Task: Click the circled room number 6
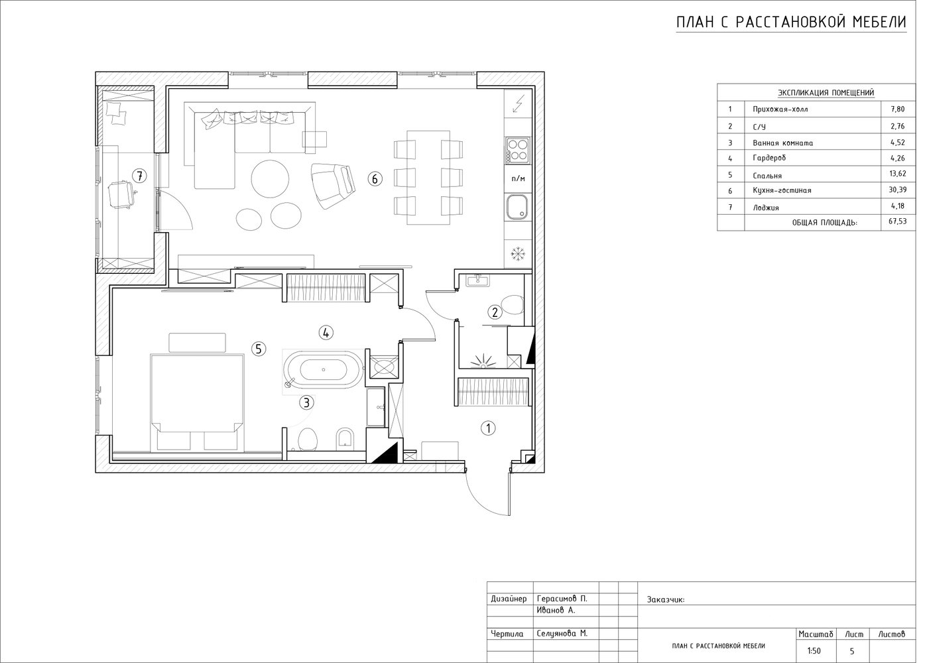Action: pyautogui.click(x=375, y=179)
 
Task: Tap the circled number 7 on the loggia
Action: pyautogui.click(x=139, y=176)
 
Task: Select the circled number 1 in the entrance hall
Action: pyautogui.click(x=488, y=428)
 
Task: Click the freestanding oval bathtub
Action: pyautogui.click(x=323, y=370)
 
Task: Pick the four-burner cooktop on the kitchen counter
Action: pyautogui.click(x=518, y=151)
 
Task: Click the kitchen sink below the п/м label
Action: pyautogui.click(x=517, y=208)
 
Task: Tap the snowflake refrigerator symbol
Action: pyautogui.click(x=518, y=254)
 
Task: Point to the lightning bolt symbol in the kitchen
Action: pyautogui.click(x=518, y=104)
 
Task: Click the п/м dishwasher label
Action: pyautogui.click(x=518, y=179)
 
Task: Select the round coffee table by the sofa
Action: pyautogui.click(x=271, y=179)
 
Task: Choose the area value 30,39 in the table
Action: pyautogui.click(x=898, y=190)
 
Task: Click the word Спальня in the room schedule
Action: pyautogui.click(x=767, y=176)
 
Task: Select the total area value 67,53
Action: pyautogui.click(x=898, y=221)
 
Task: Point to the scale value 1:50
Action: pyautogui.click(x=814, y=651)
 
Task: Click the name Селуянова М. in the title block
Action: pyautogui.click(x=562, y=634)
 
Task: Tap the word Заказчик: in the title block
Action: pyautogui.click(x=666, y=599)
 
